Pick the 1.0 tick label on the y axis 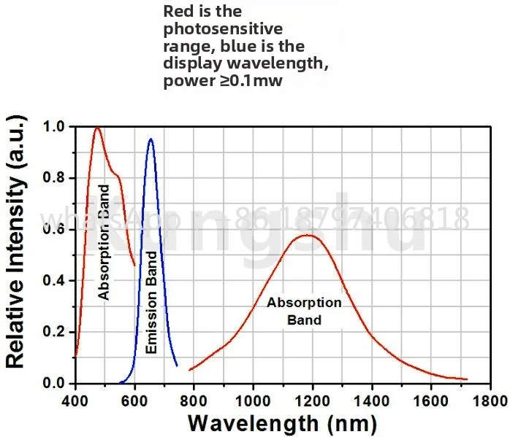(x=56, y=127)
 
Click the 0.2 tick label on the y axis (x=56, y=332)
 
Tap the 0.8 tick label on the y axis (x=56, y=178)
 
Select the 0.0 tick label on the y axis (x=56, y=383)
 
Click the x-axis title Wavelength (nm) (x=282, y=422)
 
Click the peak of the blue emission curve (x=151, y=139)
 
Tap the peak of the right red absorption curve (x=308, y=235)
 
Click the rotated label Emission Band (x=151, y=303)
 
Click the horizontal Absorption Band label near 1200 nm (x=304, y=311)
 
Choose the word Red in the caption (x=178, y=12)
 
